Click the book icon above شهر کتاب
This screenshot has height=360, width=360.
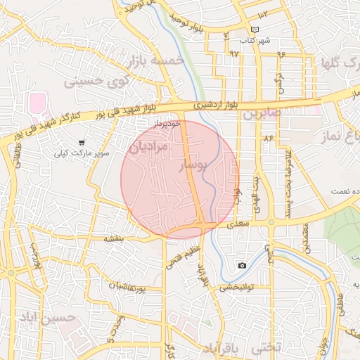click(255, 30)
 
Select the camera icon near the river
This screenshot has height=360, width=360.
click(242, 265)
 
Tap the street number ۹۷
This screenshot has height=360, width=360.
click(234, 53)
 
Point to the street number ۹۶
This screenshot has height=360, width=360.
click(282, 53)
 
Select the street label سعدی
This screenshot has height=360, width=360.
click(235, 225)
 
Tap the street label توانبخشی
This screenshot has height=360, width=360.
click(236, 287)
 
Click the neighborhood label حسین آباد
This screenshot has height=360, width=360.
click(47, 318)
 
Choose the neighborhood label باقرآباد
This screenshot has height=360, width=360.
click(221, 348)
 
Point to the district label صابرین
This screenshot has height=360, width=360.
click(262, 112)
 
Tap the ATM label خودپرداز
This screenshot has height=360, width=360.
click(167, 123)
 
